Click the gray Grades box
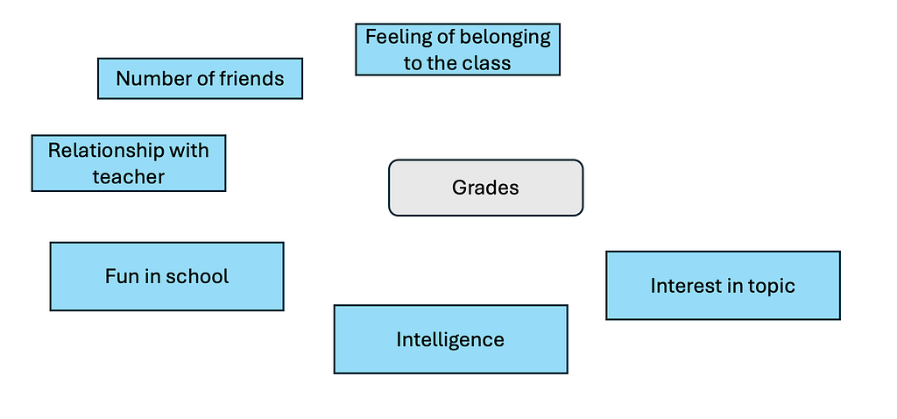click(x=485, y=188)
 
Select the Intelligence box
click(x=451, y=339)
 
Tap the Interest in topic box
click(x=723, y=285)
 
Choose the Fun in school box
click(x=167, y=276)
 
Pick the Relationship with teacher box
click(x=129, y=163)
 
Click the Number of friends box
click(x=201, y=78)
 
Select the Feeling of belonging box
click(x=457, y=49)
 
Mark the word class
click(x=489, y=62)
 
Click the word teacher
click(x=129, y=176)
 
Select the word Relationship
click(x=108, y=151)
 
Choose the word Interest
click(x=686, y=286)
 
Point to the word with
click(x=190, y=151)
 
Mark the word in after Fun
click(x=152, y=276)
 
